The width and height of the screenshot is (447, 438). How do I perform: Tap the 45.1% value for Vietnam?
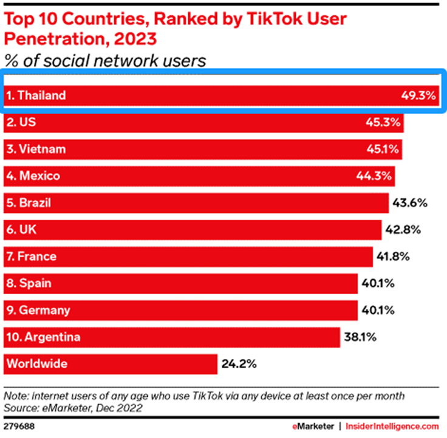coord(383,149)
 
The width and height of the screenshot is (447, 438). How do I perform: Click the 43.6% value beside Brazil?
coord(411,203)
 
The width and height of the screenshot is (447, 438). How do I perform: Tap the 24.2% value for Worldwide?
coord(239,364)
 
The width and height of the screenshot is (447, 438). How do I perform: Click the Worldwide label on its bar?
coord(36,364)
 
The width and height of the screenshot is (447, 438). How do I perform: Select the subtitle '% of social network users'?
coord(105,61)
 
